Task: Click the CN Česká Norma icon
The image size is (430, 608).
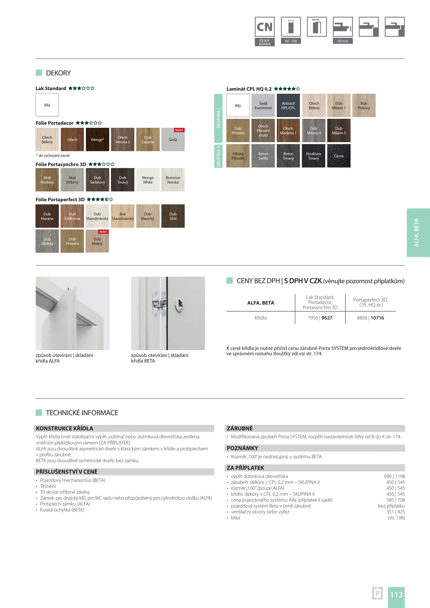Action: click(264, 27)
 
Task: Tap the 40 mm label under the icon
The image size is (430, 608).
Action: click(343, 41)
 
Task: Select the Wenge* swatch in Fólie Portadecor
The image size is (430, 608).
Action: click(97, 140)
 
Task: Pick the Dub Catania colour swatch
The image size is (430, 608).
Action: click(148, 140)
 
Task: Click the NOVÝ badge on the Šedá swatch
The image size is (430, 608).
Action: click(179, 130)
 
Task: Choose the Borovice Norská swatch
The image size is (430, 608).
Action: click(173, 180)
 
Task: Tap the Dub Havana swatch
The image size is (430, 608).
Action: click(47, 216)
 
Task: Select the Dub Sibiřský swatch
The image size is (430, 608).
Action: click(47, 241)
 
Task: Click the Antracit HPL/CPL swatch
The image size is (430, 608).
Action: click(288, 106)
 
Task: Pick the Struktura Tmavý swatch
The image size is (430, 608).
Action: click(313, 156)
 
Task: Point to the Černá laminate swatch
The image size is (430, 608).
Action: click(339, 156)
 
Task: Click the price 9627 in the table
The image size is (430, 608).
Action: click(327, 318)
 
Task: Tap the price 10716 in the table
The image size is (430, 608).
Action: click(377, 318)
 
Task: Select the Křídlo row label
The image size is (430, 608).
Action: click(261, 318)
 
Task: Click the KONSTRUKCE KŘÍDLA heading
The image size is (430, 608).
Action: click(64, 428)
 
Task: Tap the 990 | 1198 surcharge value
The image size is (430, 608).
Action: click(394, 476)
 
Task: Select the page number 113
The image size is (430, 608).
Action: click(396, 595)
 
